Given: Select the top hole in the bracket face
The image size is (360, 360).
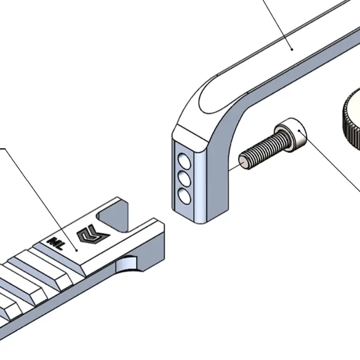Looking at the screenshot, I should coord(182,158).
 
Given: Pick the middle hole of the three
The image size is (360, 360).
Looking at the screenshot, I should coord(182,177).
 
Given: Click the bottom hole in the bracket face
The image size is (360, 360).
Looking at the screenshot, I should coord(182,195).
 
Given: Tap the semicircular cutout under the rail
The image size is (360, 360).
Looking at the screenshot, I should coord(129,264).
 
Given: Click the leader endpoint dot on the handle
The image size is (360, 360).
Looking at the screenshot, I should coord(291,48).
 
